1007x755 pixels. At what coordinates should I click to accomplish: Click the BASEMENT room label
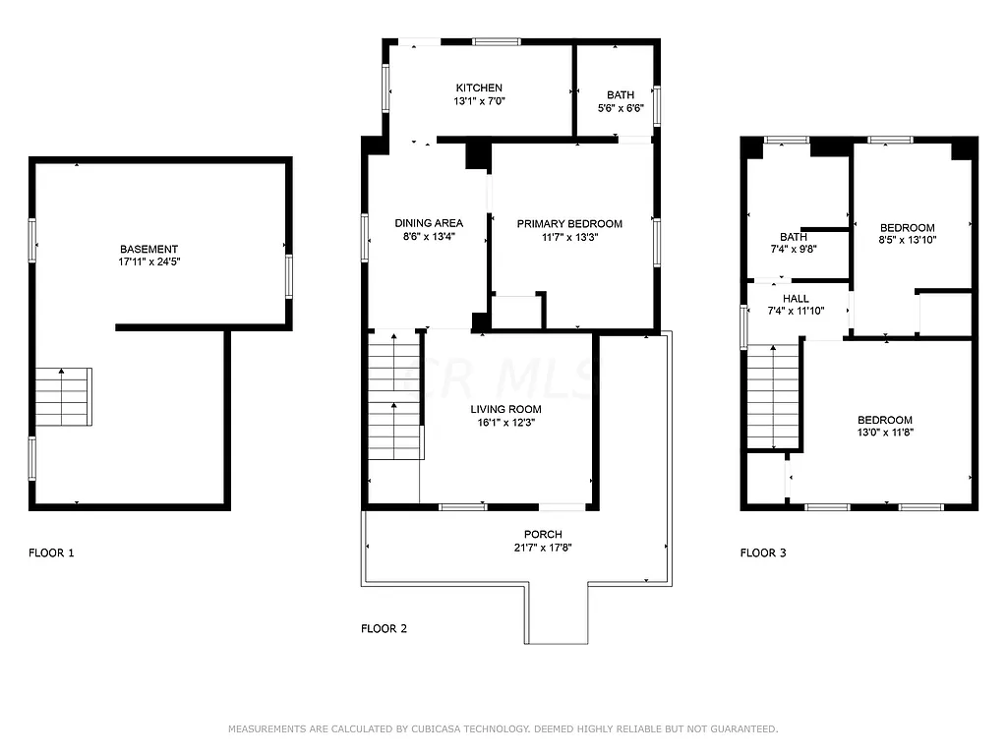pyautogui.click(x=149, y=250)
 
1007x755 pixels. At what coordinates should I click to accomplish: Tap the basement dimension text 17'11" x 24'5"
pyautogui.click(x=149, y=263)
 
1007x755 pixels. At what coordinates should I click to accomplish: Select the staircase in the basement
pyautogui.click(x=64, y=396)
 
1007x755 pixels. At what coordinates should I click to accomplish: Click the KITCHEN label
pyautogui.click(x=479, y=87)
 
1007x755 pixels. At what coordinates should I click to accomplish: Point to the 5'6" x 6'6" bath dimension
pyautogui.click(x=621, y=108)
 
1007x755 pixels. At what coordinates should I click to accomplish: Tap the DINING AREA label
pyautogui.click(x=429, y=223)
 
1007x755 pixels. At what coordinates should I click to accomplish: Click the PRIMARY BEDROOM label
pyautogui.click(x=570, y=224)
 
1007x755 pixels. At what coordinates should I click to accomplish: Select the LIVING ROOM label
pyautogui.click(x=505, y=409)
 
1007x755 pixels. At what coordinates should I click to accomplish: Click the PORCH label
pyautogui.click(x=543, y=534)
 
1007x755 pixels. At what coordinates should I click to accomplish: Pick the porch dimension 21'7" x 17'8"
pyautogui.click(x=543, y=548)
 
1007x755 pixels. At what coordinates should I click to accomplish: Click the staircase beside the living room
pyautogui.click(x=395, y=395)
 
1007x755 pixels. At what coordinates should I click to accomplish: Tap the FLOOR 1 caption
pyautogui.click(x=51, y=552)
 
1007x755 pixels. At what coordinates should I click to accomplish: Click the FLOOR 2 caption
pyautogui.click(x=384, y=628)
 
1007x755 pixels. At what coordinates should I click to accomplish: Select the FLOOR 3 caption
pyautogui.click(x=763, y=552)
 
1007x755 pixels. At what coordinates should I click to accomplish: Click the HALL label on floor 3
pyautogui.click(x=796, y=298)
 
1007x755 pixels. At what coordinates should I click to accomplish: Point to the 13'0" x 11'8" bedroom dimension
pyautogui.click(x=884, y=433)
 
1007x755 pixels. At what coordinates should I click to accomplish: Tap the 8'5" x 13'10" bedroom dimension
pyautogui.click(x=907, y=241)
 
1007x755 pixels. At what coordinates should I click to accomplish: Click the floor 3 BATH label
pyautogui.click(x=793, y=237)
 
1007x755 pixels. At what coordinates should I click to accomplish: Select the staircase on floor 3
pyautogui.click(x=773, y=396)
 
